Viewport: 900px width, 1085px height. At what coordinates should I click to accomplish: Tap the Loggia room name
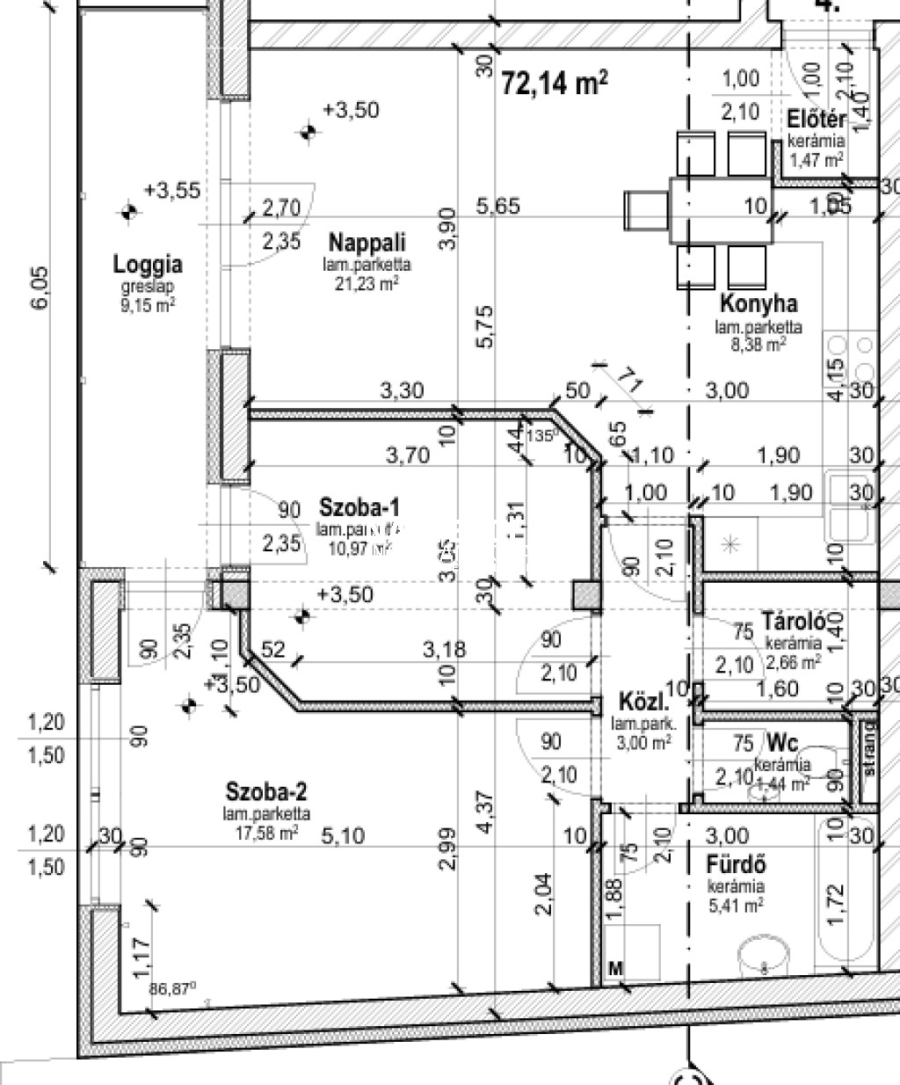click(x=148, y=264)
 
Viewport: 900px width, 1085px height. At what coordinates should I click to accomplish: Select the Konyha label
click(x=758, y=304)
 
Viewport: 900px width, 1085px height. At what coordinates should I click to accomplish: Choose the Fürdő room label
click(x=736, y=865)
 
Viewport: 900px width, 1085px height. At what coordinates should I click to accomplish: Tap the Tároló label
click(x=793, y=620)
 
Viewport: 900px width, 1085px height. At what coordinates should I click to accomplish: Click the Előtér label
click(x=817, y=120)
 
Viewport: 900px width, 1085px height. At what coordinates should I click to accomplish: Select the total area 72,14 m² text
click(x=555, y=84)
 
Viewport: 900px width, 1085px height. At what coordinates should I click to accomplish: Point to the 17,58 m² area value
click(x=265, y=831)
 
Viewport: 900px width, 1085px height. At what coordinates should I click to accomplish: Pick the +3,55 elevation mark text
click(x=172, y=190)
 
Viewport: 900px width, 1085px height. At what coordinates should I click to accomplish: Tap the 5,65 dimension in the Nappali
click(x=497, y=206)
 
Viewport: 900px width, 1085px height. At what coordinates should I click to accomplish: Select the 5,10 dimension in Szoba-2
click(x=343, y=834)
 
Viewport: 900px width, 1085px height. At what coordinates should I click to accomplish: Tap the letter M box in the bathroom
click(x=616, y=968)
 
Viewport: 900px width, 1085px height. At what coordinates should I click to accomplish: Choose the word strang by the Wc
click(x=869, y=749)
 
